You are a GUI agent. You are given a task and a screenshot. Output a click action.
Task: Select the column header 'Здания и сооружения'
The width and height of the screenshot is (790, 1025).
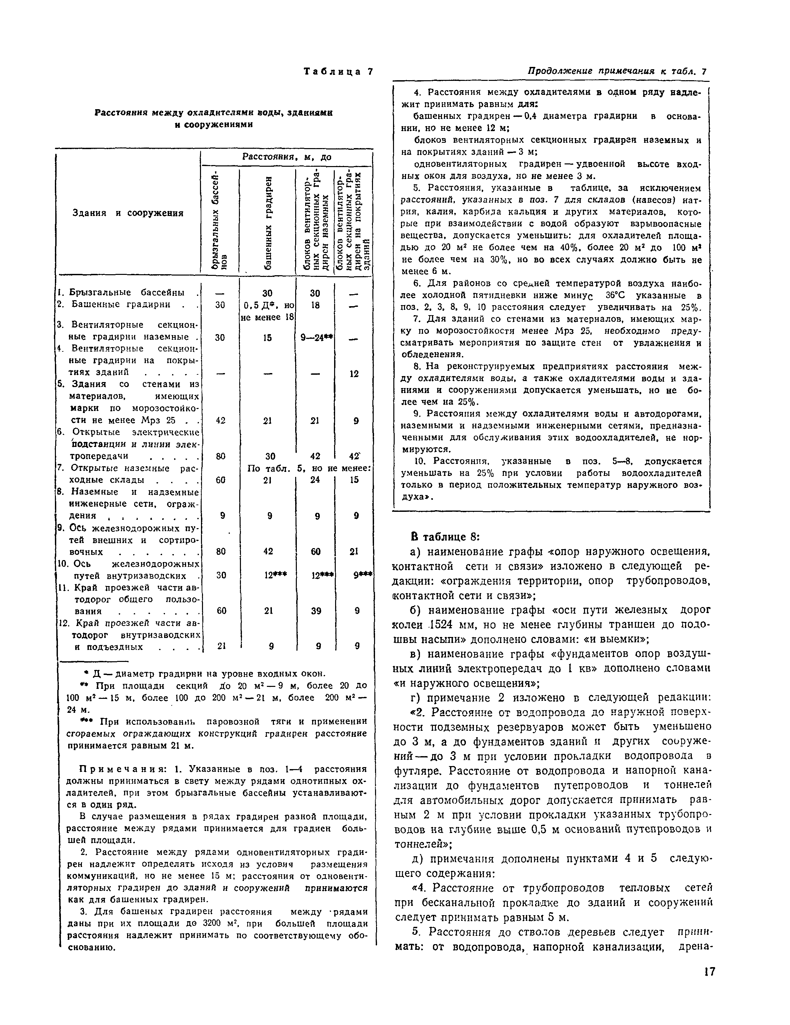(128, 213)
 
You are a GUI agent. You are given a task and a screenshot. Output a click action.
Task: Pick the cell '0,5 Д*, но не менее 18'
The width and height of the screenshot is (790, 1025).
(268, 311)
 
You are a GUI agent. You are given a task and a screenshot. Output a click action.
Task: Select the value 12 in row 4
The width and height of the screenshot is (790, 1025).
(354, 374)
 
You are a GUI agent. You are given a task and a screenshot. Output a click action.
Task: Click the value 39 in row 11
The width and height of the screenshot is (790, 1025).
(316, 611)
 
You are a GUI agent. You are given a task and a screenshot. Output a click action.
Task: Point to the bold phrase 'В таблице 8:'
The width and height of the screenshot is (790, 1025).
(445, 537)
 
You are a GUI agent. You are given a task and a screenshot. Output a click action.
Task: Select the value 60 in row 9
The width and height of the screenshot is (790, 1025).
(316, 551)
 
